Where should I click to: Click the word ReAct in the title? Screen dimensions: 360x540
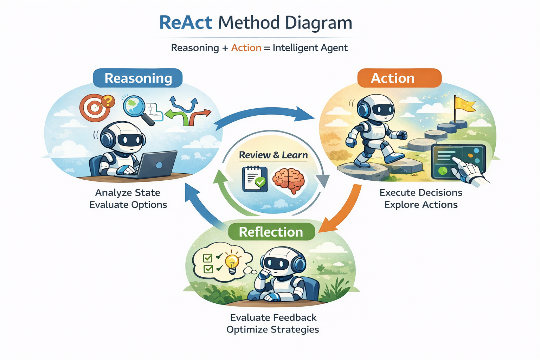click(x=186, y=23)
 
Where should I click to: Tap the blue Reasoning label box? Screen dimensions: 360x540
click(x=138, y=78)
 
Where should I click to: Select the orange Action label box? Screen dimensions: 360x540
click(x=399, y=78)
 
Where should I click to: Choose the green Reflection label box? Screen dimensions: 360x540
click(x=271, y=232)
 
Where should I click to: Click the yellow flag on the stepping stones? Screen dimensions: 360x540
click(x=463, y=104)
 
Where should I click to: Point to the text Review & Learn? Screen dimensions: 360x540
click(x=273, y=155)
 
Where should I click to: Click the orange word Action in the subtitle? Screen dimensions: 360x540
click(x=246, y=48)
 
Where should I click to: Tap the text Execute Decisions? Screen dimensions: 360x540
click(x=421, y=193)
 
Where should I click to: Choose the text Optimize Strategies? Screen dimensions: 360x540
click(x=272, y=329)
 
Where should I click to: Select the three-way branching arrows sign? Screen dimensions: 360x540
click(x=188, y=111)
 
